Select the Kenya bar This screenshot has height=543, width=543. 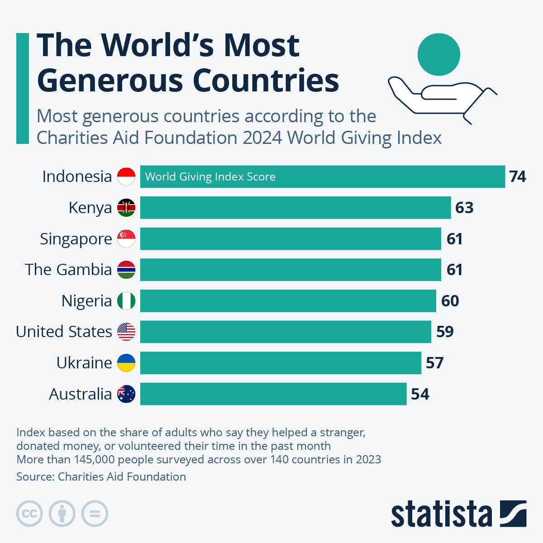tap(295, 208)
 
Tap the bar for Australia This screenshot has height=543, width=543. tap(273, 394)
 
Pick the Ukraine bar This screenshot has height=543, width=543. tap(281, 363)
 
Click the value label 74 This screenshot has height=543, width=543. tap(517, 176)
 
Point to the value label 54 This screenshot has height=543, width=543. tap(420, 394)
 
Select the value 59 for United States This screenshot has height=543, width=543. tap(445, 332)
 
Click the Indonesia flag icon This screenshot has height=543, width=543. tap(126, 176)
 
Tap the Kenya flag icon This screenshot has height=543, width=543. tap(126, 208)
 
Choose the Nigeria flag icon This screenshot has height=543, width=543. tap(126, 301)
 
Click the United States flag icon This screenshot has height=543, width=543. tap(126, 332)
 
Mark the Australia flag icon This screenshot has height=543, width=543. tap(126, 394)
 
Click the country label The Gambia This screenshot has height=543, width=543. tap(68, 270)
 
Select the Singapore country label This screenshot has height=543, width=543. tap(76, 239)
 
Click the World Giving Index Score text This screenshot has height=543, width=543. tap(210, 177)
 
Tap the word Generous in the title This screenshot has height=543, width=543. tap(110, 81)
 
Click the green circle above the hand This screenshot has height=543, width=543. tap(438, 54)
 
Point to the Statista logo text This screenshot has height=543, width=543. tap(441, 514)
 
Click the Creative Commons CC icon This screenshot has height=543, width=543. tap(29, 514)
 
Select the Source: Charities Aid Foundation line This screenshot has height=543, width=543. tap(101, 476)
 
